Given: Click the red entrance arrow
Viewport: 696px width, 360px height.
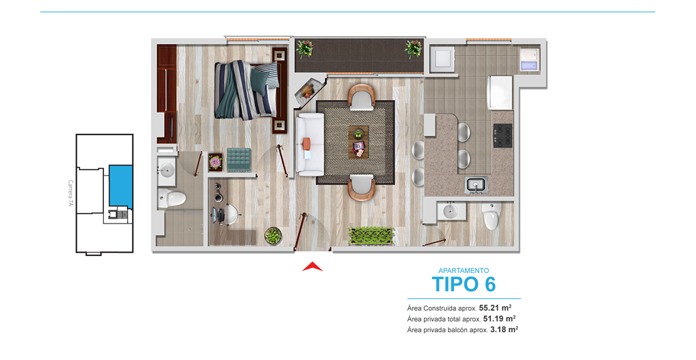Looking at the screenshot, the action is tap(313, 267).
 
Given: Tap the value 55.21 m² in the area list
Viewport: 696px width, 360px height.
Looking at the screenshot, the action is tap(495, 307).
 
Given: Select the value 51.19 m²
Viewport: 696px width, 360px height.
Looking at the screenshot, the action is tap(499, 319).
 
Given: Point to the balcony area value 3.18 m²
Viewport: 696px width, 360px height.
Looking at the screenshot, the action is tap(504, 329).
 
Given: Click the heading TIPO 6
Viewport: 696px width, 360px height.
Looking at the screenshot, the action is tap(464, 284).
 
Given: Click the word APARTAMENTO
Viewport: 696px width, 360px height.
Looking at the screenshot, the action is tap(464, 270).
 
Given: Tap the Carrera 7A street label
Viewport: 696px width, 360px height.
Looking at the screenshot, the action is tap(70, 194).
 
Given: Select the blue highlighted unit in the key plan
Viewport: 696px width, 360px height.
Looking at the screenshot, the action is tap(121, 186).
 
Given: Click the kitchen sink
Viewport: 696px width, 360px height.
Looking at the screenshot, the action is tap(476, 185).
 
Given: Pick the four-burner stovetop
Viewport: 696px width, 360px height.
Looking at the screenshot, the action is tap(503, 135).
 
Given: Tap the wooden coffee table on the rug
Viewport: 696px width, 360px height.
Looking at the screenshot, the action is tap(358, 142).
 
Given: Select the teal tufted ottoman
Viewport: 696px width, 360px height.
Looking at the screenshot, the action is tap(239, 160).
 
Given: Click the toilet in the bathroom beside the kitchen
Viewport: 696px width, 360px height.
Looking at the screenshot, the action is tap(492, 216).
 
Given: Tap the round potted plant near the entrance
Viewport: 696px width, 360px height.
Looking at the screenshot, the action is tap(273, 236).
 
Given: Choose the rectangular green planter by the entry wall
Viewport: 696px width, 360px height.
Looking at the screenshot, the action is tap(372, 236).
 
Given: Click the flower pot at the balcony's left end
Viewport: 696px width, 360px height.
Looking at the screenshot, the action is tap(305, 48).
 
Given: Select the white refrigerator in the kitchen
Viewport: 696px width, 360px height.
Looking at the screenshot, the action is tap(500, 92).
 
